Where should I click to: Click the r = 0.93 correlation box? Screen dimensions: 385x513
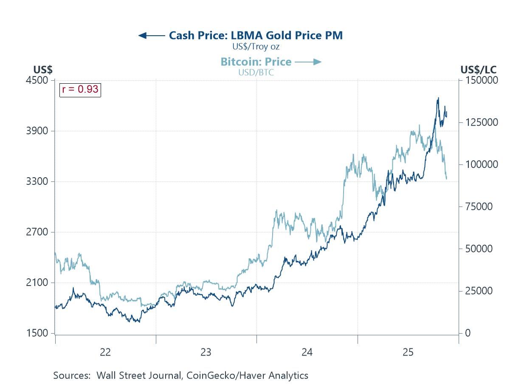[80, 89]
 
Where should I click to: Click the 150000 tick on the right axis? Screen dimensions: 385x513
[481, 80]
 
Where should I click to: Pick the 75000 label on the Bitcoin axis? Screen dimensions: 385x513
[478, 207]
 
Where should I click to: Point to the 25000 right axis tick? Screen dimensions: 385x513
[478, 291]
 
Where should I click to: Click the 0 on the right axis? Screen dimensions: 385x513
[468, 333]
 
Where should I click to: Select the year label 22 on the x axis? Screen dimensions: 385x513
[105, 352]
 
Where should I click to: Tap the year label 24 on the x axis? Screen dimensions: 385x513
[307, 352]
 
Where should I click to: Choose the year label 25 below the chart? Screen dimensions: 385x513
[408, 352]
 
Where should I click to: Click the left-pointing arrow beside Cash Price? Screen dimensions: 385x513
[151, 35]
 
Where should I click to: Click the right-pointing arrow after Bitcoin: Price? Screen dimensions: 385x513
[308, 62]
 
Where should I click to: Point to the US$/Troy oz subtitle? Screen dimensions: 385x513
[256, 47]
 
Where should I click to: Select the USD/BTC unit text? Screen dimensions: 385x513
[256, 73]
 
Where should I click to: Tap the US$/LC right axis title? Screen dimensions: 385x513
[478, 70]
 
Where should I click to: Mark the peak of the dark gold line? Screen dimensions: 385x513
[438, 98]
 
